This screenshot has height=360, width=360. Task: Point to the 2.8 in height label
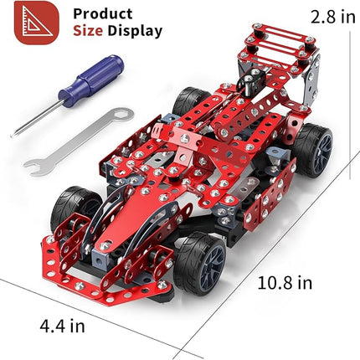[321, 16]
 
